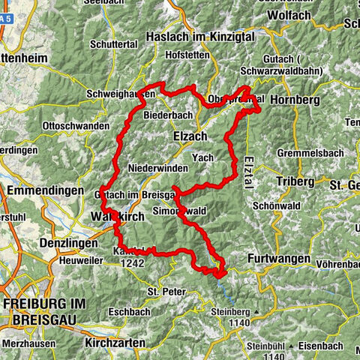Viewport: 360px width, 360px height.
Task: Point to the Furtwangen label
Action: point(278,258)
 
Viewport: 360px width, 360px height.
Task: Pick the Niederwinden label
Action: point(156,169)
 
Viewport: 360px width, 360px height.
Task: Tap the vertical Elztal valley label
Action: point(247,173)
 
